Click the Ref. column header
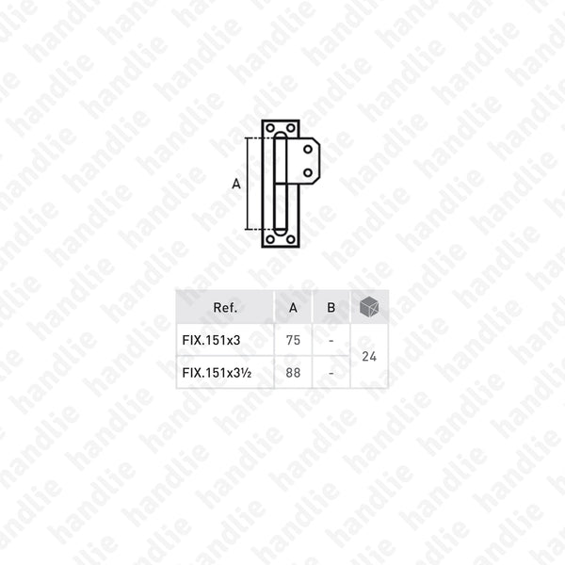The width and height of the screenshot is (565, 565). (225, 307)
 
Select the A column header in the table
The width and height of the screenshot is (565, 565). (293, 307)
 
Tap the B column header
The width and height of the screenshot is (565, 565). (331, 307)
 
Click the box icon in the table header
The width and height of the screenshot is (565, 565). (369, 307)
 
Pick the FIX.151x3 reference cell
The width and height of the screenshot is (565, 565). (208, 340)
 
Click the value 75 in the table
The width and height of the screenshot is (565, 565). (293, 340)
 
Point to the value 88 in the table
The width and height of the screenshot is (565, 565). (293, 372)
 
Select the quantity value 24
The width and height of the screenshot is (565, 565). (369, 356)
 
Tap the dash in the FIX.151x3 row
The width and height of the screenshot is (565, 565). (331, 340)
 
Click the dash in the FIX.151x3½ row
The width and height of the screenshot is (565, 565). (331, 372)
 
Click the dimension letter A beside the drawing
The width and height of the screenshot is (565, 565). (235, 185)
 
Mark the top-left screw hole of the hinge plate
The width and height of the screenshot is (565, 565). (270, 128)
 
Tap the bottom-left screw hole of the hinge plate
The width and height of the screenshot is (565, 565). (270, 239)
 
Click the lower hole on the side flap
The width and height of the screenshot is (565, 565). (310, 170)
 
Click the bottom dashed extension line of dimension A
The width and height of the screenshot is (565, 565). (254, 230)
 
